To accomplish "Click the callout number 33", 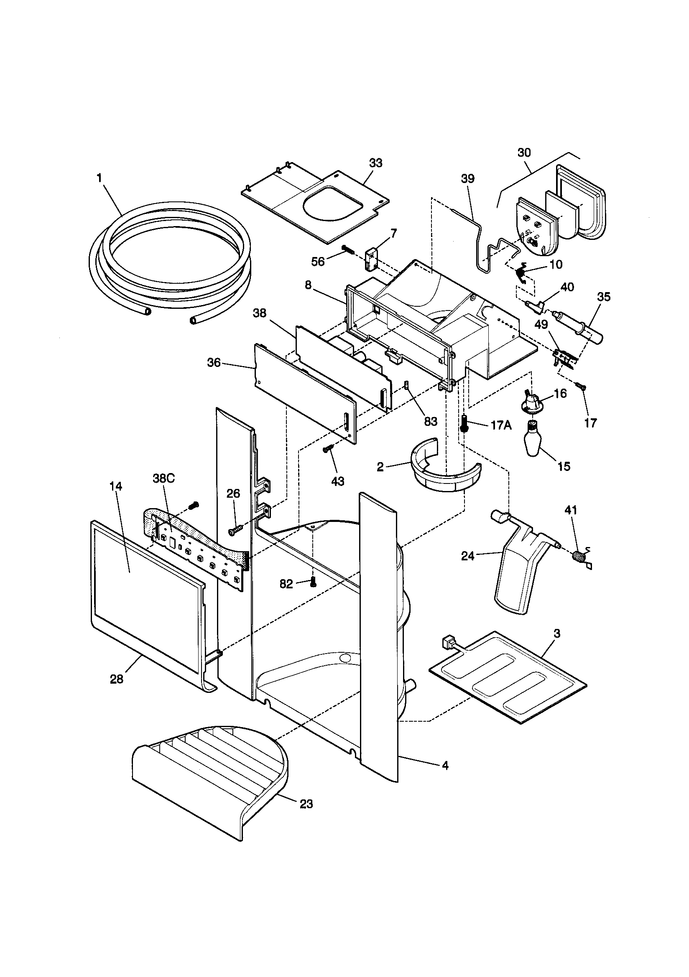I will coord(375,163).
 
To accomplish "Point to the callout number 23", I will coord(306,804).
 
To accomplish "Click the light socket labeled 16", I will coord(532,401).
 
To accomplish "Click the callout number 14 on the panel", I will coord(115,486).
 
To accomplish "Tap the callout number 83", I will coord(431,421).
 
